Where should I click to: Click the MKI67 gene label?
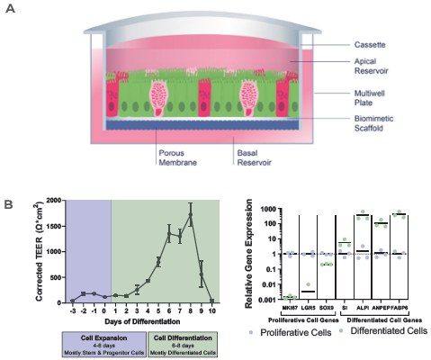click(287, 307)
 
